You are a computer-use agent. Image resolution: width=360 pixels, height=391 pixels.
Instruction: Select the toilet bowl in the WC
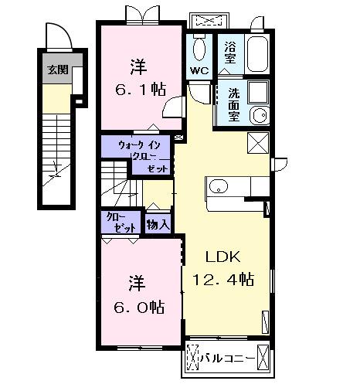click(x=199, y=49)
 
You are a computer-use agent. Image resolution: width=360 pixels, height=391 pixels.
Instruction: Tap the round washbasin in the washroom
click(x=259, y=117)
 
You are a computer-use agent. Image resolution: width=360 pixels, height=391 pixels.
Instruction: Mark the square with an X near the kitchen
click(x=258, y=143)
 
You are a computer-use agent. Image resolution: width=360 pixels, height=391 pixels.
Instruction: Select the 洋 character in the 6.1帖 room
click(x=139, y=64)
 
